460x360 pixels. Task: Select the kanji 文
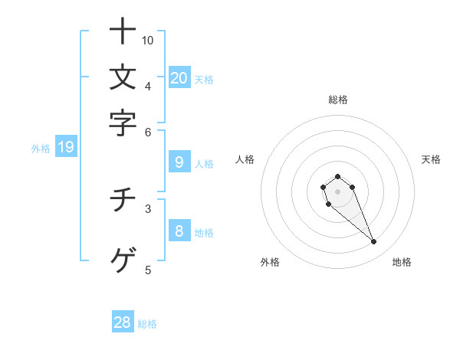pyautogui.click(x=123, y=78)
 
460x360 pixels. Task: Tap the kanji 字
pyautogui.click(x=123, y=123)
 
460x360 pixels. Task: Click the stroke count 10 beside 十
pyautogui.click(x=148, y=40)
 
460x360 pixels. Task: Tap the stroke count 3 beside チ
pyautogui.click(x=148, y=207)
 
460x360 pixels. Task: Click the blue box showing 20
pyautogui.click(x=179, y=77)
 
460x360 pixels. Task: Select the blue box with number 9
pyautogui.click(x=179, y=162)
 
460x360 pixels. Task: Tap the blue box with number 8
pyautogui.click(x=179, y=231)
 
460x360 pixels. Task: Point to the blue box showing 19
pyautogui.click(x=65, y=148)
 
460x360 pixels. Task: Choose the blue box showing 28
pyautogui.click(x=123, y=322)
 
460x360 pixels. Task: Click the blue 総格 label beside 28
pyautogui.click(x=147, y=324)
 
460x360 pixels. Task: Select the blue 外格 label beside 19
pyautogui.click(x=41, y=149)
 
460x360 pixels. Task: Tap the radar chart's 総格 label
pyautogui.click(x=337, y=100)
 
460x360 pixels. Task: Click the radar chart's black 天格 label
pyautogui.click(x=431, y=159)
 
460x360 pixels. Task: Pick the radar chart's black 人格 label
pyautogui.click(x=245, y=159)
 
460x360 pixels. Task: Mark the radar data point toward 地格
pyautogui.click(x=373, y=242)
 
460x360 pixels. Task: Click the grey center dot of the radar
pyautogui.click(x=337, y=191)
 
